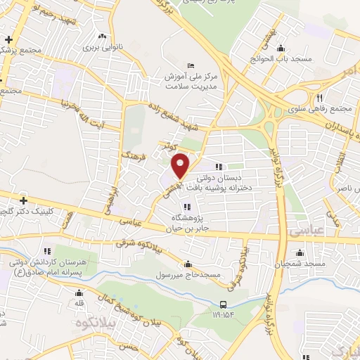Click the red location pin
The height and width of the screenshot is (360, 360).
[181, 165]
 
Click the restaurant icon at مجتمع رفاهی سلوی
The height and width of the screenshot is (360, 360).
[320, 98]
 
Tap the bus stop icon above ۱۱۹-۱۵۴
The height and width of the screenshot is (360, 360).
[223, 304]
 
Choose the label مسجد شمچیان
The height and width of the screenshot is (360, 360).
[300, 262]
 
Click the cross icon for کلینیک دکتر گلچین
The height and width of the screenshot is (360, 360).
[22, 201]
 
